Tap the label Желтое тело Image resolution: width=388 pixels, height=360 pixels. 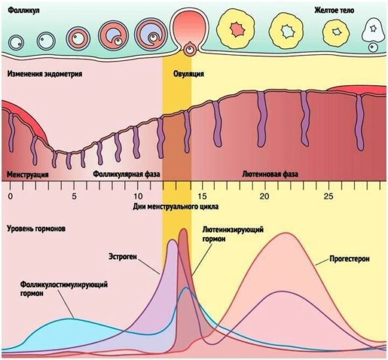point(334,10)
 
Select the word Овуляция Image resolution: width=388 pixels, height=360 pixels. point(188,74)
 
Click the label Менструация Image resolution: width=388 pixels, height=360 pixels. point(27,174)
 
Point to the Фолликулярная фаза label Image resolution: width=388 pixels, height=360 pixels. point(126,174)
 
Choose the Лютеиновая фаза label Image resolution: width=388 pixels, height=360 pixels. point(270,174)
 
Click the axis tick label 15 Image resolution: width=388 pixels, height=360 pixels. point(202,196)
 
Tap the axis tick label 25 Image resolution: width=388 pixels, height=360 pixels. point(328,196)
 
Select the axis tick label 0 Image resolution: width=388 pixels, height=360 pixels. point(10,196)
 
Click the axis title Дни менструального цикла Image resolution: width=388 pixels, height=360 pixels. point(176,206)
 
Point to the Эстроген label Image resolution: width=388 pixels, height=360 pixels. point(123,257)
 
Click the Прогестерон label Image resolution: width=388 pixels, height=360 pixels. point(349,259)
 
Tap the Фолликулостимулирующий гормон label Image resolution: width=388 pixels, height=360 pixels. point(64,289)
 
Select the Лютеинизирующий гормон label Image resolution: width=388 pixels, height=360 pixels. point(233,234)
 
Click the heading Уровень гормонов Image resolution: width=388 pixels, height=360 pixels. point(37,228)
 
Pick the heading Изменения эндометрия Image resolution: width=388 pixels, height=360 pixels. point(44,74)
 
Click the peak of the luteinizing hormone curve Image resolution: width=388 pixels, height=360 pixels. point(183,229)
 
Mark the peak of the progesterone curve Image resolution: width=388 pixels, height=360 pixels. point(286,233)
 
